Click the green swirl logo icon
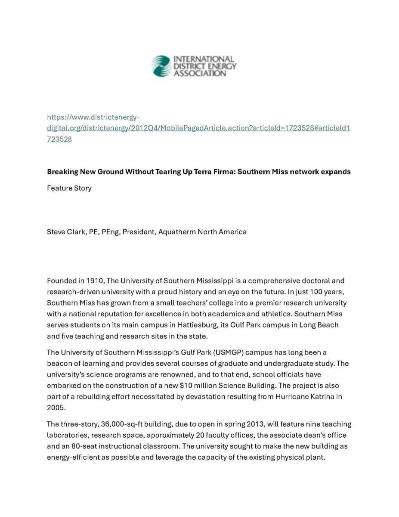(161, 66)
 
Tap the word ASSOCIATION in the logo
(199, 74)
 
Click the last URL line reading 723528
(59, 139)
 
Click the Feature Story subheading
(69, 188)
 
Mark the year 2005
(55, 407)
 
